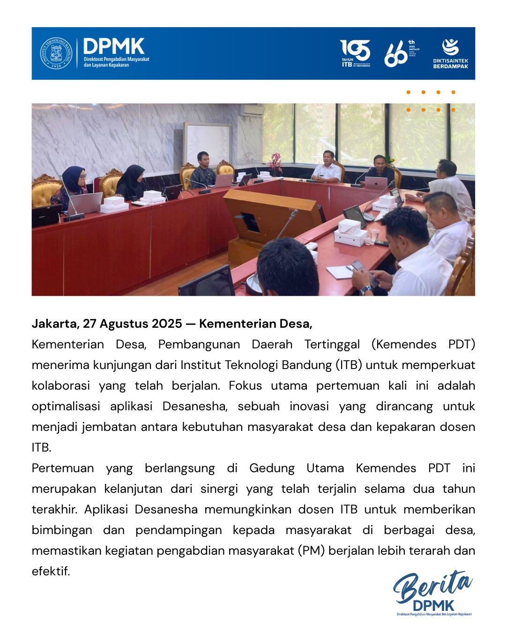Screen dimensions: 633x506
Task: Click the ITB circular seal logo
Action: point(56,53)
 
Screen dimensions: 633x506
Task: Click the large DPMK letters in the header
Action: point(114,46)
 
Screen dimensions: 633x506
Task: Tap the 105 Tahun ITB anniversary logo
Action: point(355,53)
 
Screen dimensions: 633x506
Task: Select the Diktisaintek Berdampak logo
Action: point(450,53)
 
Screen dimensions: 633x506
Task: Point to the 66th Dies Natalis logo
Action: point(401,53)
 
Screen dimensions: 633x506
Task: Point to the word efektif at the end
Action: point(51,571)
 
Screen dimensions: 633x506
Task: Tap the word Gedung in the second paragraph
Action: point(272,468)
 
